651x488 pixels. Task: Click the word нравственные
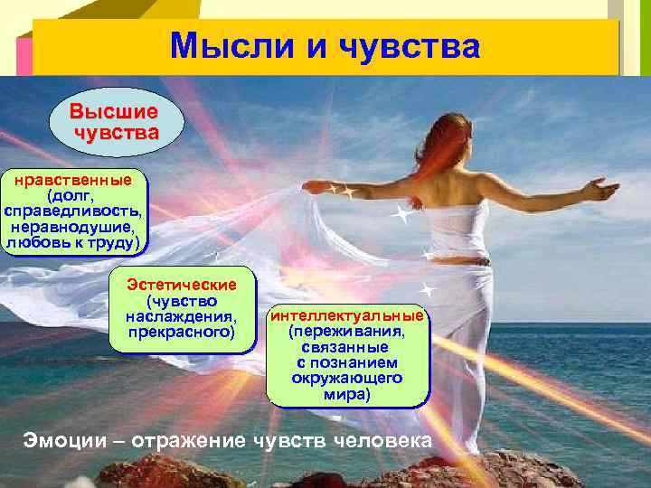pos(73,179)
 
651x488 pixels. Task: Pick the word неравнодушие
pos(74,227)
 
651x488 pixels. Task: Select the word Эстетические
pos(182,284)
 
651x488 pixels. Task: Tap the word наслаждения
pos(182,316)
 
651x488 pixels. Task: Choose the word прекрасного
pos(182,333)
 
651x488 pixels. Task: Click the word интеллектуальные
pos(347,316)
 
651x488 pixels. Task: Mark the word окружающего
pos(347,379)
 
